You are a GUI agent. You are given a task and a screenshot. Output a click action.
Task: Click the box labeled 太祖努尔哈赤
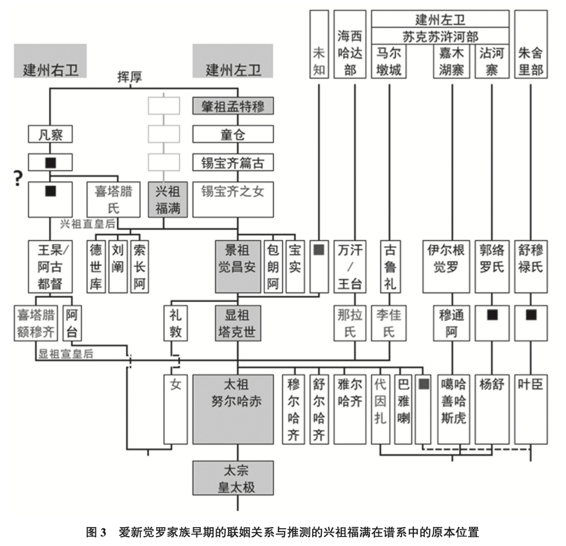pyautogui.click(x=233, y=409)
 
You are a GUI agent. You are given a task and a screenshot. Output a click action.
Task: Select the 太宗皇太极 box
pyautogui.click(x=233, y=479)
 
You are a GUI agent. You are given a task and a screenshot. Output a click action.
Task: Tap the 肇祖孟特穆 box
pyautogui.click(x=233, y=107)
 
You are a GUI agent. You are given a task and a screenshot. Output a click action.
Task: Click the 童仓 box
pyautogui.click(x=233, y=135)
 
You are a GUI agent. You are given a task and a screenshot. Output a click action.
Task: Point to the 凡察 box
pyautogui.click(x=50, y=135)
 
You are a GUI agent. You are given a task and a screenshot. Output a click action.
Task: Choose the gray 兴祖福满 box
pyautogui.click(x=168, y=200)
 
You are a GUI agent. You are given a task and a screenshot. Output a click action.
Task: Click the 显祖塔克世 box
pyautogui.click(x=237, y=323)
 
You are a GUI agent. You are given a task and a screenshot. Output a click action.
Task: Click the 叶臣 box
pyautogui.click(x=531, y=409)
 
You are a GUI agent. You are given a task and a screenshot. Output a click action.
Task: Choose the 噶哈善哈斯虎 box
pyautogui.click(x=453, y=409)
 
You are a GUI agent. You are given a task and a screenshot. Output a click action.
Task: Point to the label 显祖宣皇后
pyautogui.click(x=66, y=354)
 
